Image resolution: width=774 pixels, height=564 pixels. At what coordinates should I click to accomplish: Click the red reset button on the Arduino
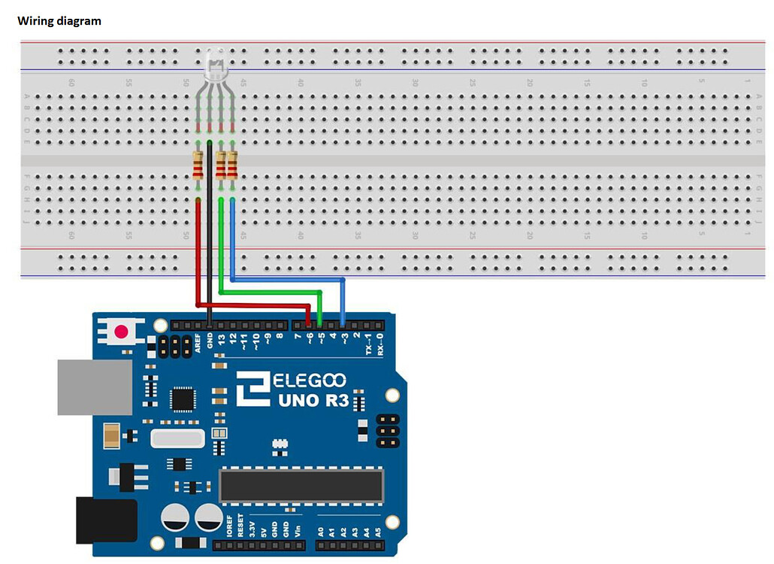coord(120,332)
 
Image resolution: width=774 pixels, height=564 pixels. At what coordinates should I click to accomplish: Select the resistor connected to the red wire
coord(198,165)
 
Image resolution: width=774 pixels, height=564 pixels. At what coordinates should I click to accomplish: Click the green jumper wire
coord(271,292)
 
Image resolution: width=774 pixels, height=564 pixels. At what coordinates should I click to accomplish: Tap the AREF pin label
coord(198,343)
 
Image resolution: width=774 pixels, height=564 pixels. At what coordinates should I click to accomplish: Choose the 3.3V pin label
coord(252,525)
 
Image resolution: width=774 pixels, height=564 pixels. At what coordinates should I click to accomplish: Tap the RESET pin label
coord(240,525)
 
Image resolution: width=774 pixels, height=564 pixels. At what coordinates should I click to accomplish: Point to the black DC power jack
coord(106,520)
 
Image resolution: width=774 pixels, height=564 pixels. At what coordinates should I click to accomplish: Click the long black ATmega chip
coord(301,485)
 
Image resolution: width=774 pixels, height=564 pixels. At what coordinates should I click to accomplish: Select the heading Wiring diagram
coord(59,21)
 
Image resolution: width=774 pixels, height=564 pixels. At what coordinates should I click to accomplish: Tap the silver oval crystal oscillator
coord(177,438)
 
